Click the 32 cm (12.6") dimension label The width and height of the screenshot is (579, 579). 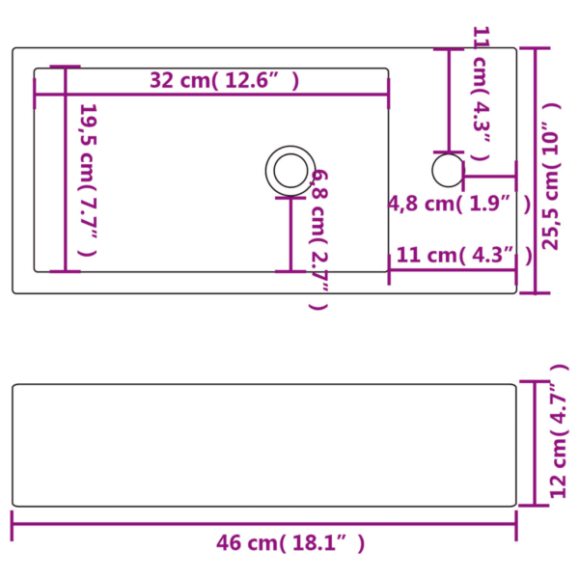(x=224, y=81)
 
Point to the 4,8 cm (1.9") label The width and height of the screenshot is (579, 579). (x=459, y=204)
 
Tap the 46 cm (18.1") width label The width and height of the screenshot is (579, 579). (x=289, y=543)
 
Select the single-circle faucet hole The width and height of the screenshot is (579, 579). (x=447, y=170)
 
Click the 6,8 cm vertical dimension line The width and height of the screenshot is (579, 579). (x=290, y=234)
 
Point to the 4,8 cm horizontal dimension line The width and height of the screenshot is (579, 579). (x=490, y=177)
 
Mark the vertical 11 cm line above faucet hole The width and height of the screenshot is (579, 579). (x=449, y=100)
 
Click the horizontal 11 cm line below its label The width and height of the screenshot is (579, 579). (x=452, y=270)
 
